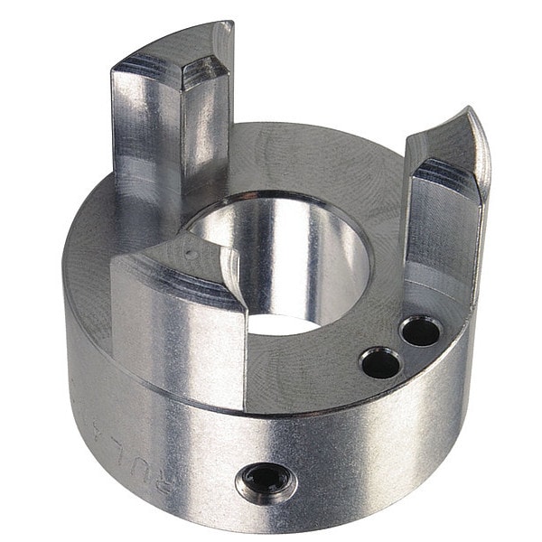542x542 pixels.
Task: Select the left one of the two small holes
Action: click(379, 363)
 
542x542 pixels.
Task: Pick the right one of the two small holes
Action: click(420, 332)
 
